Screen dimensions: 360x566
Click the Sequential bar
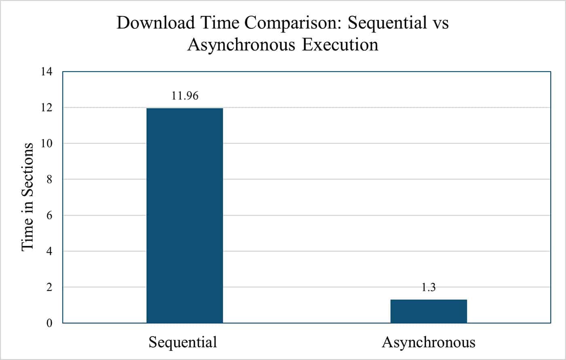(184, 215)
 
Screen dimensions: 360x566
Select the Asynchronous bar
(429, 311)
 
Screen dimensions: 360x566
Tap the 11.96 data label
(185, 96)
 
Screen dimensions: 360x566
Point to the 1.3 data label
(429, 288)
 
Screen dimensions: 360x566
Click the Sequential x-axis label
(183, 343)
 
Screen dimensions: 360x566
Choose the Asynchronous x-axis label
(429, 343)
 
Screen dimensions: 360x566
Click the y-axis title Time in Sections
(27, 196)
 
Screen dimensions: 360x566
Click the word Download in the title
(151, 23)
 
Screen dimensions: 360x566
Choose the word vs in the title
(440, 23)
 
